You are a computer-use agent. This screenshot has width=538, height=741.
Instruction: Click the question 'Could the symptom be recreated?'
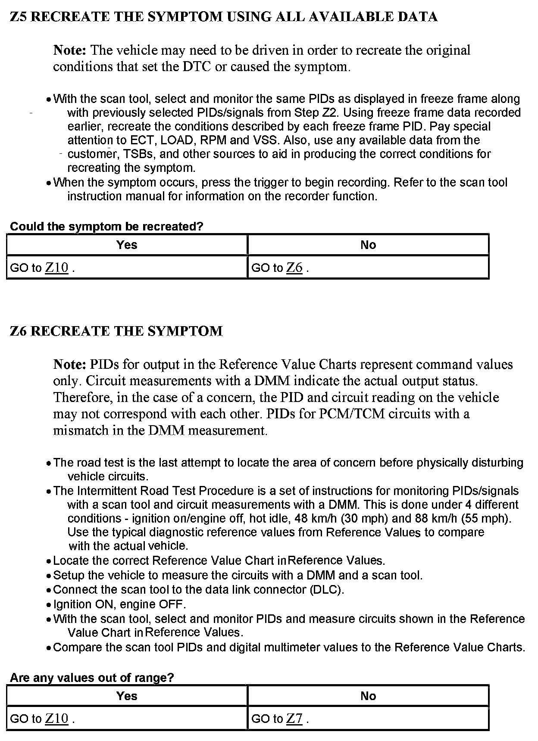tap(106, 226)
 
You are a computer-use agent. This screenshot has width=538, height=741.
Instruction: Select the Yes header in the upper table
tap(127, 245)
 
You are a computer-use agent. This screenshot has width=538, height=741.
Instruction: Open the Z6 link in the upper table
tap(294, 268)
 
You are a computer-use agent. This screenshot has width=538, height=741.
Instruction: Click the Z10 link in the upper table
tap(57, 268)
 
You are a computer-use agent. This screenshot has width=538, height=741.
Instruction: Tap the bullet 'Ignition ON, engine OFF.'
tap(119, 604)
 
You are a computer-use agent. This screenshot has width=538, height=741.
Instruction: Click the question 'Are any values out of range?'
tap(92, 678)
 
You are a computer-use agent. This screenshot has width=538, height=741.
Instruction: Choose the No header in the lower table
tap(368, 696)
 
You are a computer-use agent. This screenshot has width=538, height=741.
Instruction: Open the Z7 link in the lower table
tap(294, 719)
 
